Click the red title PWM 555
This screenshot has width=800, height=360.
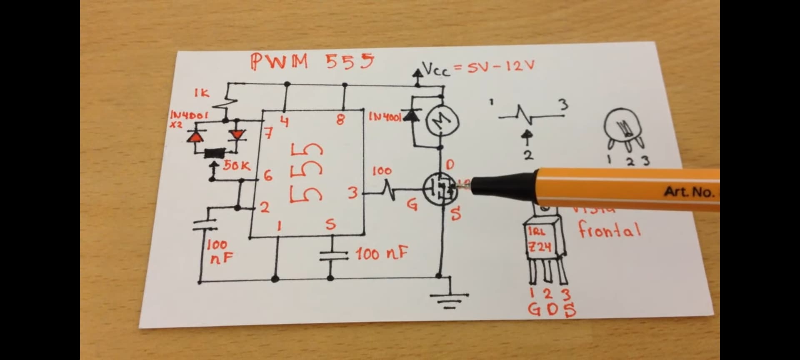tap(312, 62)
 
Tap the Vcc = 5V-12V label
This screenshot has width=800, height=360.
tap(478, 67)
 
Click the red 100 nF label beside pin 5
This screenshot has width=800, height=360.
tap(381, 253)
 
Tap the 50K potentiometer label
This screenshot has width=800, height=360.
tap(237, 166)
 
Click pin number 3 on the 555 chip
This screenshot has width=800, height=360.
tap(352, 193)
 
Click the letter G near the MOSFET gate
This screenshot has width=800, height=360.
tap(412, 205)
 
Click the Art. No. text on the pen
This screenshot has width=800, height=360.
tap(690, 192)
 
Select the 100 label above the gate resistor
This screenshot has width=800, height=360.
tap(382, 171)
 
